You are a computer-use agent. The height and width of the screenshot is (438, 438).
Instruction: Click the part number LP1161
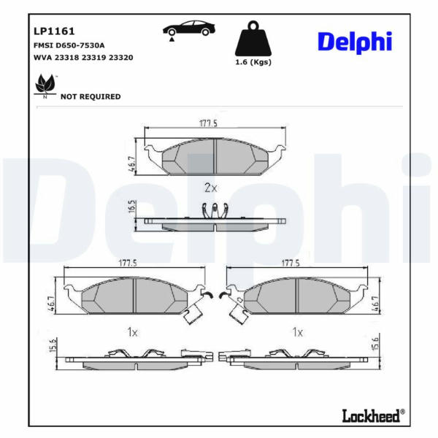click(54, 31)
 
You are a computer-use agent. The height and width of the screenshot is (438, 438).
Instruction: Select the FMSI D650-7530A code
click(69, 45)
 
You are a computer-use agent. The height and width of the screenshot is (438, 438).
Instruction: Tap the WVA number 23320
click(120, 58)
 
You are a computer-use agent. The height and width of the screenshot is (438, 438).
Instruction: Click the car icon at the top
click(189, 30)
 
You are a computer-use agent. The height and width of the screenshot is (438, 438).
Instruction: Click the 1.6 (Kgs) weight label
click(253, 62)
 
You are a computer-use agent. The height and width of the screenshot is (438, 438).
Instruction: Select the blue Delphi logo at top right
click(355, 42)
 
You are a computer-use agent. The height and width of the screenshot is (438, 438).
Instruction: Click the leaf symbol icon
click(45, 86)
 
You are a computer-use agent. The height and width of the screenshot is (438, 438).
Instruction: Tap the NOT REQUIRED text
click(91, 96)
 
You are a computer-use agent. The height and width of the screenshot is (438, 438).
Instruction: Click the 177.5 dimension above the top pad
click(208, 123)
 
